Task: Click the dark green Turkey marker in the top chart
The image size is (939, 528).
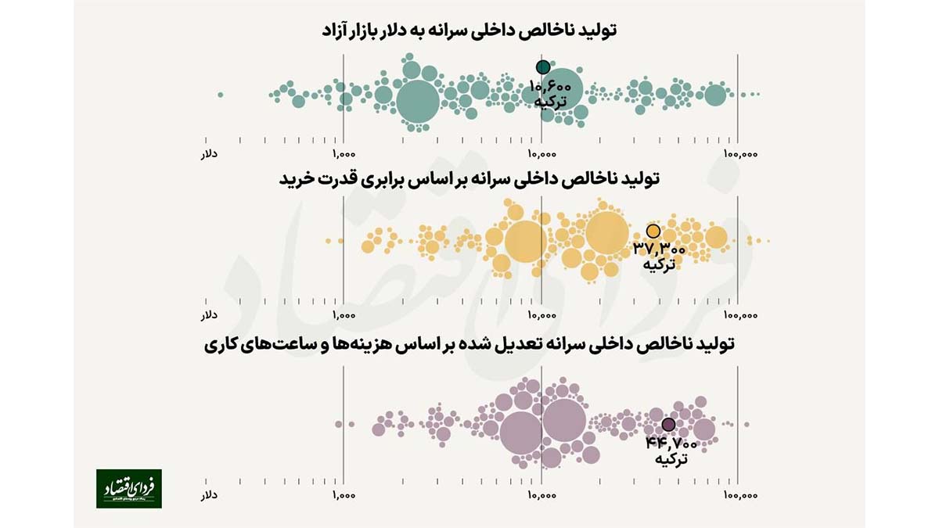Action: pos(542,67)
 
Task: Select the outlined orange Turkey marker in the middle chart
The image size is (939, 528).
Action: pos(653,232)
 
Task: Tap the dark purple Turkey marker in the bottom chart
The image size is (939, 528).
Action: pos(668,425)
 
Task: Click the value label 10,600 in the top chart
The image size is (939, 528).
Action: pos(551,87)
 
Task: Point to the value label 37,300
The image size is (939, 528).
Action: pos(660,250)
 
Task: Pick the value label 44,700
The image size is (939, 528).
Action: pos(671,444)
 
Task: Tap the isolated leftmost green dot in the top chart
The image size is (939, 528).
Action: pos(221,95)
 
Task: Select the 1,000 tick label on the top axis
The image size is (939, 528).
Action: pos(344,154)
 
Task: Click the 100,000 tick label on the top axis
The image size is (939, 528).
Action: pos(739,154)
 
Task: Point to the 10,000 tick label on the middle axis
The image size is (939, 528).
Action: pos(541,316)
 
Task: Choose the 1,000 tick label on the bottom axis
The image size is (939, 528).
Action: pos(344,495)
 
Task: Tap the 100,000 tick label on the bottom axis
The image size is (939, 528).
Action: pos(739,495)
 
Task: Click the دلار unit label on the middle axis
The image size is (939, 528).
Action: pos(209,316)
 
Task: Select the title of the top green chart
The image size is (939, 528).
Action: pos(469,31)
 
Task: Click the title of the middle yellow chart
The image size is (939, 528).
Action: pos(469,179)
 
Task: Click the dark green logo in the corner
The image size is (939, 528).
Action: pos(129,489)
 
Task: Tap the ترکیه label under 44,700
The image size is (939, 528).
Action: pos(671,459)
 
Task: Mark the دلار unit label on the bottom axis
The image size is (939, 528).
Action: pos(209,495)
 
